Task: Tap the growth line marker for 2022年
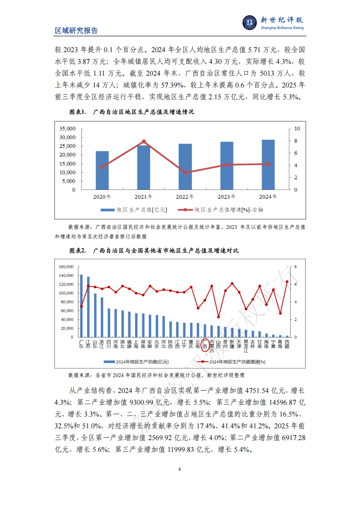[x=185, y=173]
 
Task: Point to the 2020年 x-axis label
[x=102, y=197]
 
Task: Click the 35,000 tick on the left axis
[x=68, y=129]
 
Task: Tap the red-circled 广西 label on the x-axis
[x=205, y=344]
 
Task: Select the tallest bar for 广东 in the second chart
[x=81, y=306]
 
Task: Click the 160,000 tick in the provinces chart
[x=66, y=267]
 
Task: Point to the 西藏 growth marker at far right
[x=287, y=282]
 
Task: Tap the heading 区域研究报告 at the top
[x=76, y=31]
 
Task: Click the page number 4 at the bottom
[x=180, y=469]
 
